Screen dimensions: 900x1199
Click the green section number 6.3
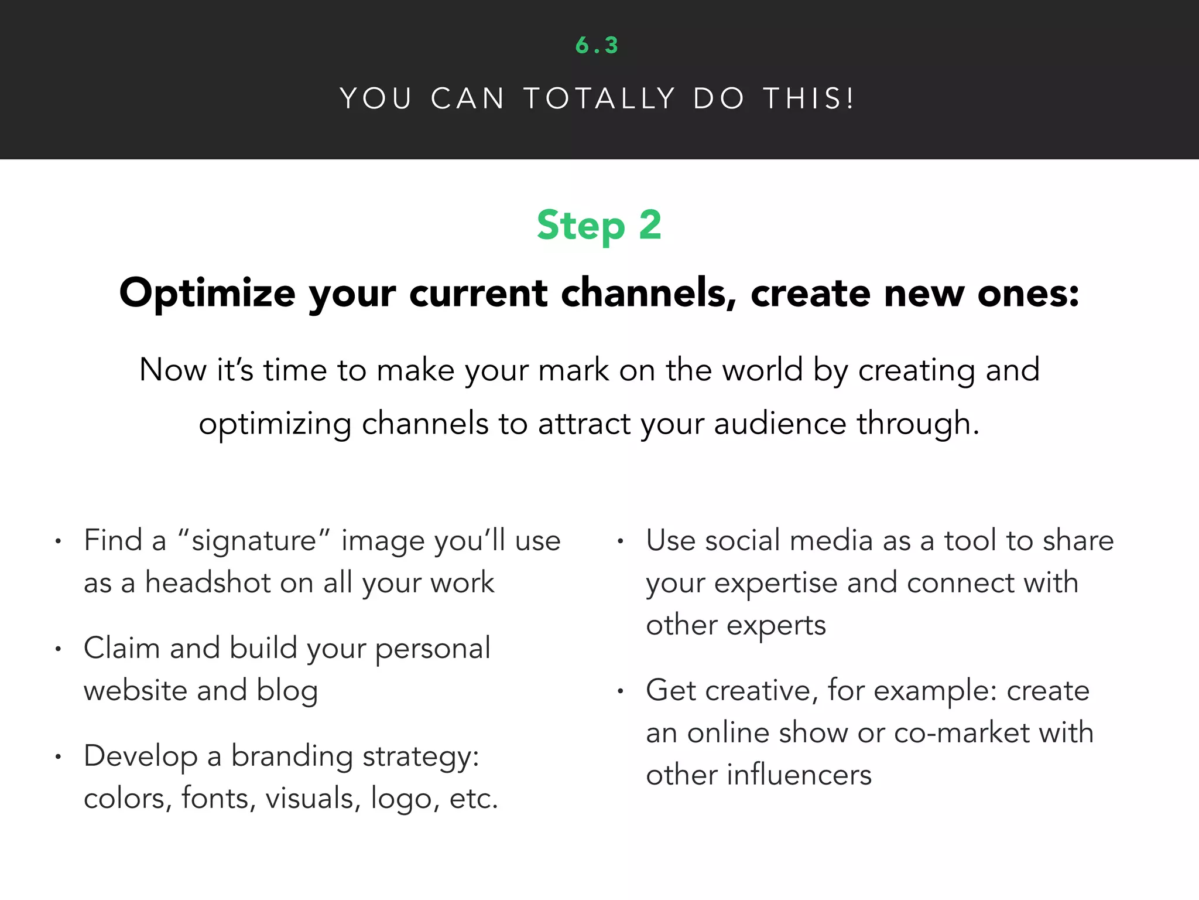coord(597,46)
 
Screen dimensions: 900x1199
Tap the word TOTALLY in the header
coord(599,98)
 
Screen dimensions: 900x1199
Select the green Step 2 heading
coord(599,226)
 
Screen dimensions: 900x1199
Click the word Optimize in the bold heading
coord(207,293)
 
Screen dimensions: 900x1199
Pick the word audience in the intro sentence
coord(780,424)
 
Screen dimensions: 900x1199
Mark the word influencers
coord(799,775)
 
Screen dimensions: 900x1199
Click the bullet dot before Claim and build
coord(58,649)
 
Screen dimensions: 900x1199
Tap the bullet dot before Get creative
coord(620,691)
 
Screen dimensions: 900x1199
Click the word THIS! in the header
coord(809,98)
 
